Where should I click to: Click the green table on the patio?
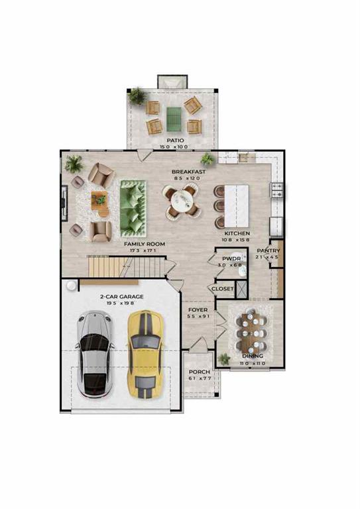point(173,119)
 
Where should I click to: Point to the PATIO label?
point(174,141)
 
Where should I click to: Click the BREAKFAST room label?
point(188,172)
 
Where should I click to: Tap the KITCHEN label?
point(237,233)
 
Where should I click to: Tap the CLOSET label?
point(222,289)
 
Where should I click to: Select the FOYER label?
point(198,310)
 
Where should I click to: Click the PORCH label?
point(199,372)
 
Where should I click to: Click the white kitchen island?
point(237,205)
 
